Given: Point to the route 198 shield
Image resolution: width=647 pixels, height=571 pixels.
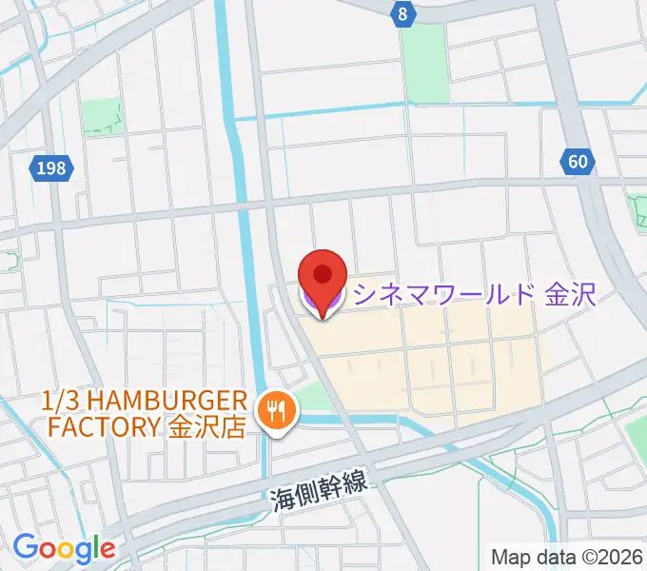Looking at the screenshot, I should [x=49, y=169].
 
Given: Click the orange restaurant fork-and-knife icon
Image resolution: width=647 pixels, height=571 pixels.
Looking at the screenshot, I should [x=278, y=410].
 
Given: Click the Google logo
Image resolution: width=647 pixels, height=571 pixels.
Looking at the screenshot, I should [x=64, y=548].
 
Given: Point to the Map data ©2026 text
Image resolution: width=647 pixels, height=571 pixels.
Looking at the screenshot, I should [x=567, y=555].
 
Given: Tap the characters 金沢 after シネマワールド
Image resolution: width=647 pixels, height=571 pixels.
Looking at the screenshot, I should [x=570, y=293].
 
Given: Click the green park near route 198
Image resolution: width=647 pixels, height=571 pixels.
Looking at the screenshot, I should [x=101, y=117].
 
